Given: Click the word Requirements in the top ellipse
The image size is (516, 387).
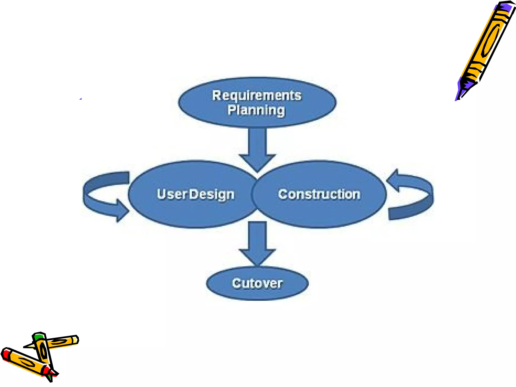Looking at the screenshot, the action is tap(256, 95).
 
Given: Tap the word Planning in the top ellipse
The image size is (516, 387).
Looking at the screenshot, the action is tap(256, 110).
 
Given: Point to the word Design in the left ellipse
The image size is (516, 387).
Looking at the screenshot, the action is tap(212, 195).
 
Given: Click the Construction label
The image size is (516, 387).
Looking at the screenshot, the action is tap(319, 194).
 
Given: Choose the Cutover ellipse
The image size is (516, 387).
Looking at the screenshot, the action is tap(257, 283).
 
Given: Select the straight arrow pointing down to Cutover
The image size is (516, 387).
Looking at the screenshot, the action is tap(257, 242).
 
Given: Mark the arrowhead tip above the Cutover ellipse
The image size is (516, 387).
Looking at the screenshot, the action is tap(257, 265).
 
